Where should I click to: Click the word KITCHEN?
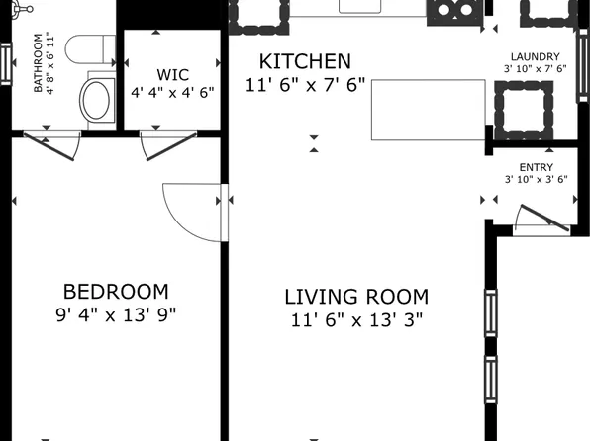[305, 61]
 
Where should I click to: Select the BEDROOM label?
[116, 292]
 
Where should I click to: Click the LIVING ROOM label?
[356, 297]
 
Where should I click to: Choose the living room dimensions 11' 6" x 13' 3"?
[356, 320]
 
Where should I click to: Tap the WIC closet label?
[172, 74]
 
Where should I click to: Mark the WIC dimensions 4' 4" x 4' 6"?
[172, 92]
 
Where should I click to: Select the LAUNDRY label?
[535, 57]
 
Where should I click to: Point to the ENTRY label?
[536, 167]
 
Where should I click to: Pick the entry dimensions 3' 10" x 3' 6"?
[536, 180]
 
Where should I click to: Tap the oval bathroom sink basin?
[97, 98]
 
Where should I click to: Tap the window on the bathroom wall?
[5, 64]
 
